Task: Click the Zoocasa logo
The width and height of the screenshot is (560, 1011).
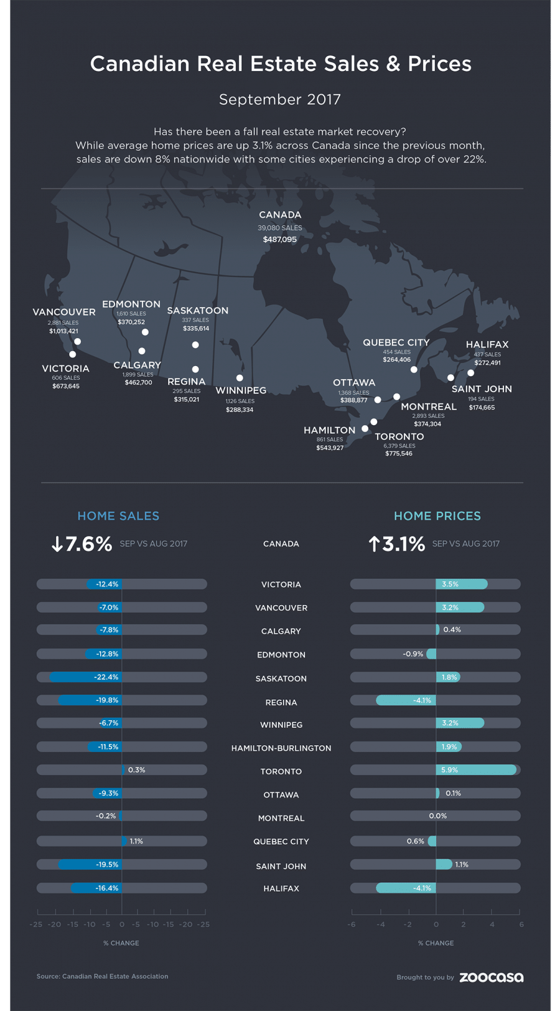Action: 491,977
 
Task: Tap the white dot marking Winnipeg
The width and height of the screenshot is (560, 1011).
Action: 240,378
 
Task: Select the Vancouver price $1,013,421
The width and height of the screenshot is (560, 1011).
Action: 63,331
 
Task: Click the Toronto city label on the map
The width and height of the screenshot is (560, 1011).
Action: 399,436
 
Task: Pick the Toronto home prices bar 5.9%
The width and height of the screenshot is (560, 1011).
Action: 476,770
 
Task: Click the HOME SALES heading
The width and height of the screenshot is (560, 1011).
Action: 118,516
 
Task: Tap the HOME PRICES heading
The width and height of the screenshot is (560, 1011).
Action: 437,516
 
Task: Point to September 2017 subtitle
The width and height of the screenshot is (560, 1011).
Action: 280,100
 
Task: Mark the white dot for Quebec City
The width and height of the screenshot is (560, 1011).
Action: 414,370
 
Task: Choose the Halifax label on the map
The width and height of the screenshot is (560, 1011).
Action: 487,344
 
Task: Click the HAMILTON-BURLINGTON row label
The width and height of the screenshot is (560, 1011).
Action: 281,748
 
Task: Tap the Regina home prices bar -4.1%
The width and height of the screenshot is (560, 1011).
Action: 406,700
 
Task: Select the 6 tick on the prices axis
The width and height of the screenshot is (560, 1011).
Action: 521,924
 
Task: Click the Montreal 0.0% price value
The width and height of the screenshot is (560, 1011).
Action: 437,816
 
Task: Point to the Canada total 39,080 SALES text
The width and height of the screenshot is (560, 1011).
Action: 280,228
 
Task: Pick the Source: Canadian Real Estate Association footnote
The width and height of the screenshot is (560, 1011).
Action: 102,976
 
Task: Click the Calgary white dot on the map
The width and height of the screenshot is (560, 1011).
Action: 142,351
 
